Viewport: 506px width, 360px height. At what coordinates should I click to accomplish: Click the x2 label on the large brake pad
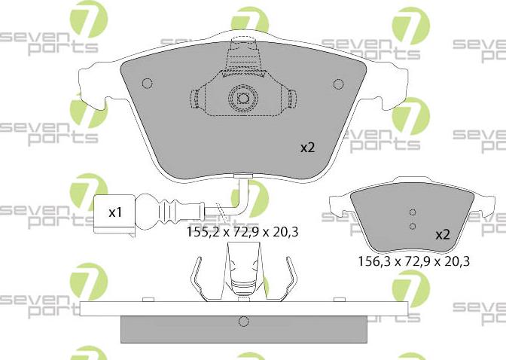click(307, 148)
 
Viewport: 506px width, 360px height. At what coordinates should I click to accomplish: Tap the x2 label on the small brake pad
click(442, 235)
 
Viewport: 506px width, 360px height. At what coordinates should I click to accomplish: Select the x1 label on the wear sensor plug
click(115, 212)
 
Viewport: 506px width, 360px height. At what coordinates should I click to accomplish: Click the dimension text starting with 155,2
click(242, 233)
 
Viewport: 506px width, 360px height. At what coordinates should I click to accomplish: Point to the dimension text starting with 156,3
click(413, 262)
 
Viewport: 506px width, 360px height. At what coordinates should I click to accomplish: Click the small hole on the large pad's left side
click(148, 84)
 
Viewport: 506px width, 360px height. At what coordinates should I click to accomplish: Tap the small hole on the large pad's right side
click(337, 84)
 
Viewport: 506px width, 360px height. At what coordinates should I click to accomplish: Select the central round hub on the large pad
click(242, 98)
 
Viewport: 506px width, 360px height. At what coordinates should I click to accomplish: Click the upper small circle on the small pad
click(412, 212)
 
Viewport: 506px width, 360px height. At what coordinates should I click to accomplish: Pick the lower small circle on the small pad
click(412, 225)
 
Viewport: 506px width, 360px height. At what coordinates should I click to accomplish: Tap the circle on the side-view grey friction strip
click(242, 322)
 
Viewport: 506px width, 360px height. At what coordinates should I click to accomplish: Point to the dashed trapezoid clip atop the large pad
click(242, 57)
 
